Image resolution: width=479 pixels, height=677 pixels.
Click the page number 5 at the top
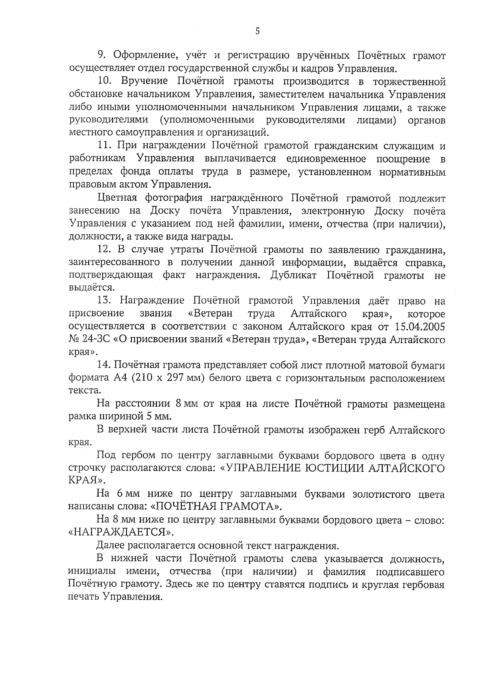257,31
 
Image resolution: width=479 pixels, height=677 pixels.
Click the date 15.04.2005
420,327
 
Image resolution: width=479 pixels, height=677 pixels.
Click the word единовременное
326,159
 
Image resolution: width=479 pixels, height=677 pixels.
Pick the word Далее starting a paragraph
110,545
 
